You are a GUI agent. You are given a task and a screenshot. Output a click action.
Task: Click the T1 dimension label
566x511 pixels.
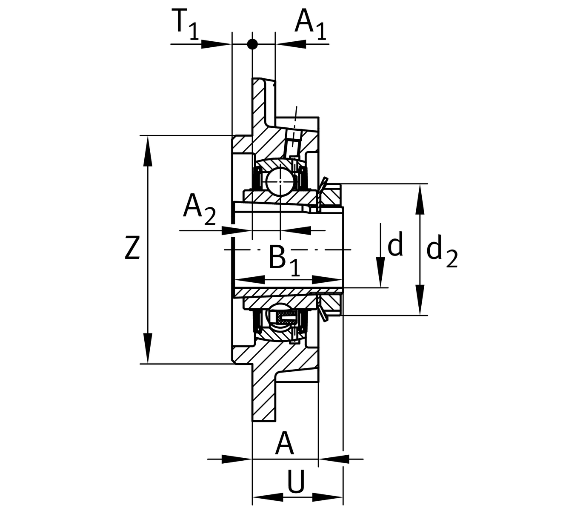point(186,24)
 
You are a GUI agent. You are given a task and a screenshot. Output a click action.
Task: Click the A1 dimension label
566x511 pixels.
point(310,24)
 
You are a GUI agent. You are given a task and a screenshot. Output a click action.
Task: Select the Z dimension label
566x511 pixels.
point(132,249)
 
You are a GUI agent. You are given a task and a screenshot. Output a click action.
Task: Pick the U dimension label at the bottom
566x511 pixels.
point(296,482)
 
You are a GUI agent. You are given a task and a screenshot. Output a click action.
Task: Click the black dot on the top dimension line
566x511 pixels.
point(252,44)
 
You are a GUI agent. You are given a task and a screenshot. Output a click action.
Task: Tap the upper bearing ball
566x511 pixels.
point(278,181)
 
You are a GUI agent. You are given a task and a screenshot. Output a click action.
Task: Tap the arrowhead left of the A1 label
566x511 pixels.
point(291,44)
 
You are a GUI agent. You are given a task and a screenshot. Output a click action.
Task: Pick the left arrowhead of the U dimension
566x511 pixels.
point(268,497)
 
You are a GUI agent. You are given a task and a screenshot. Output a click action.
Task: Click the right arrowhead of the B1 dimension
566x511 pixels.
point(328,280)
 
